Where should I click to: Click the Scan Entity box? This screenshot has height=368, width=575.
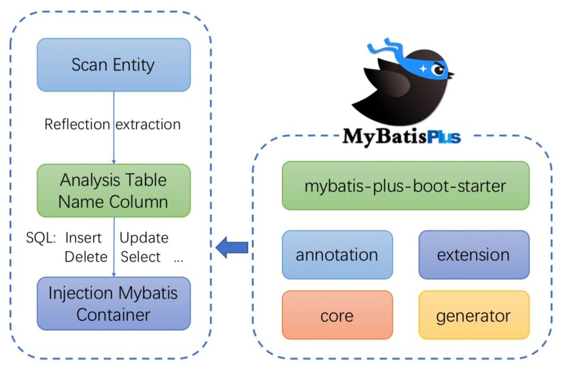click(x=113, y=65)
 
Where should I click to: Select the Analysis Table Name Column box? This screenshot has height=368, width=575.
click(x=113, y=191)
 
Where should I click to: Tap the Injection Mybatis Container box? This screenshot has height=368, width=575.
click(x=113, y=303)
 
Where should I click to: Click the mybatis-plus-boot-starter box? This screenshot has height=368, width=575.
click(x=405, y=186)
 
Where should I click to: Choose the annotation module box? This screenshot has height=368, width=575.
click(x=337, y=255)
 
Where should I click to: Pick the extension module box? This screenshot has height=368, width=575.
click(x=473, y=255)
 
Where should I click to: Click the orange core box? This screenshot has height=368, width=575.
click(x=337, y=315)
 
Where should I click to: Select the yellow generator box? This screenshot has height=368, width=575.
click(x=473, y=315)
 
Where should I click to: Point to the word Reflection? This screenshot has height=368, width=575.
click(x=77, y=124)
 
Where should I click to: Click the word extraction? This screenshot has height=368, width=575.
click(x=148, y=124)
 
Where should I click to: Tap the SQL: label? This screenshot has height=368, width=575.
click(x=41, y=238)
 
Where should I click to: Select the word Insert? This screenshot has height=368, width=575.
click(x=84, y=238)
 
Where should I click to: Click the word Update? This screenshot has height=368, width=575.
click(x=144, y=238)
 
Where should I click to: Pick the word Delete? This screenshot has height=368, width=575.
click(x=85, y=257)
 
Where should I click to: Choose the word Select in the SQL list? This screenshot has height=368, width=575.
click(x=140, y=257)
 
